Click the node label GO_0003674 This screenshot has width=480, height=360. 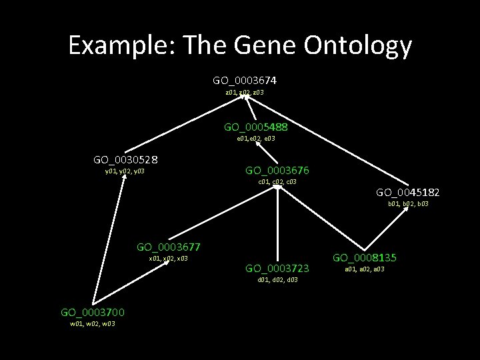[245, 80]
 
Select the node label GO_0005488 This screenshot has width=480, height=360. [255, 126]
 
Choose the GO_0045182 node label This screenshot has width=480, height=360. [407, 192]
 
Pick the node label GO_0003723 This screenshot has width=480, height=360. [277, 268]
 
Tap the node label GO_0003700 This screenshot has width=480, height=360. [92, 312]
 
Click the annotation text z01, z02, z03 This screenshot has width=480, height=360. [245, 92]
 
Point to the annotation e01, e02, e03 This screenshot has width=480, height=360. [256, 139]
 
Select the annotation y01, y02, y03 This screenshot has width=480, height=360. [125, 171]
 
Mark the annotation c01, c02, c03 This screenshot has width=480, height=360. [277, 181]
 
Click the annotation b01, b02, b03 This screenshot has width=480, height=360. [408, 204]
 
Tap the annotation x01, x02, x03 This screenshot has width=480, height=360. [168, 259]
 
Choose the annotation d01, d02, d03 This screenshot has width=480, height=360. [277, 280]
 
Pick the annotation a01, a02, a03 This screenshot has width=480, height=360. [364, 269]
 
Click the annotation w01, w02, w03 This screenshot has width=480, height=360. [92, 324]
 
